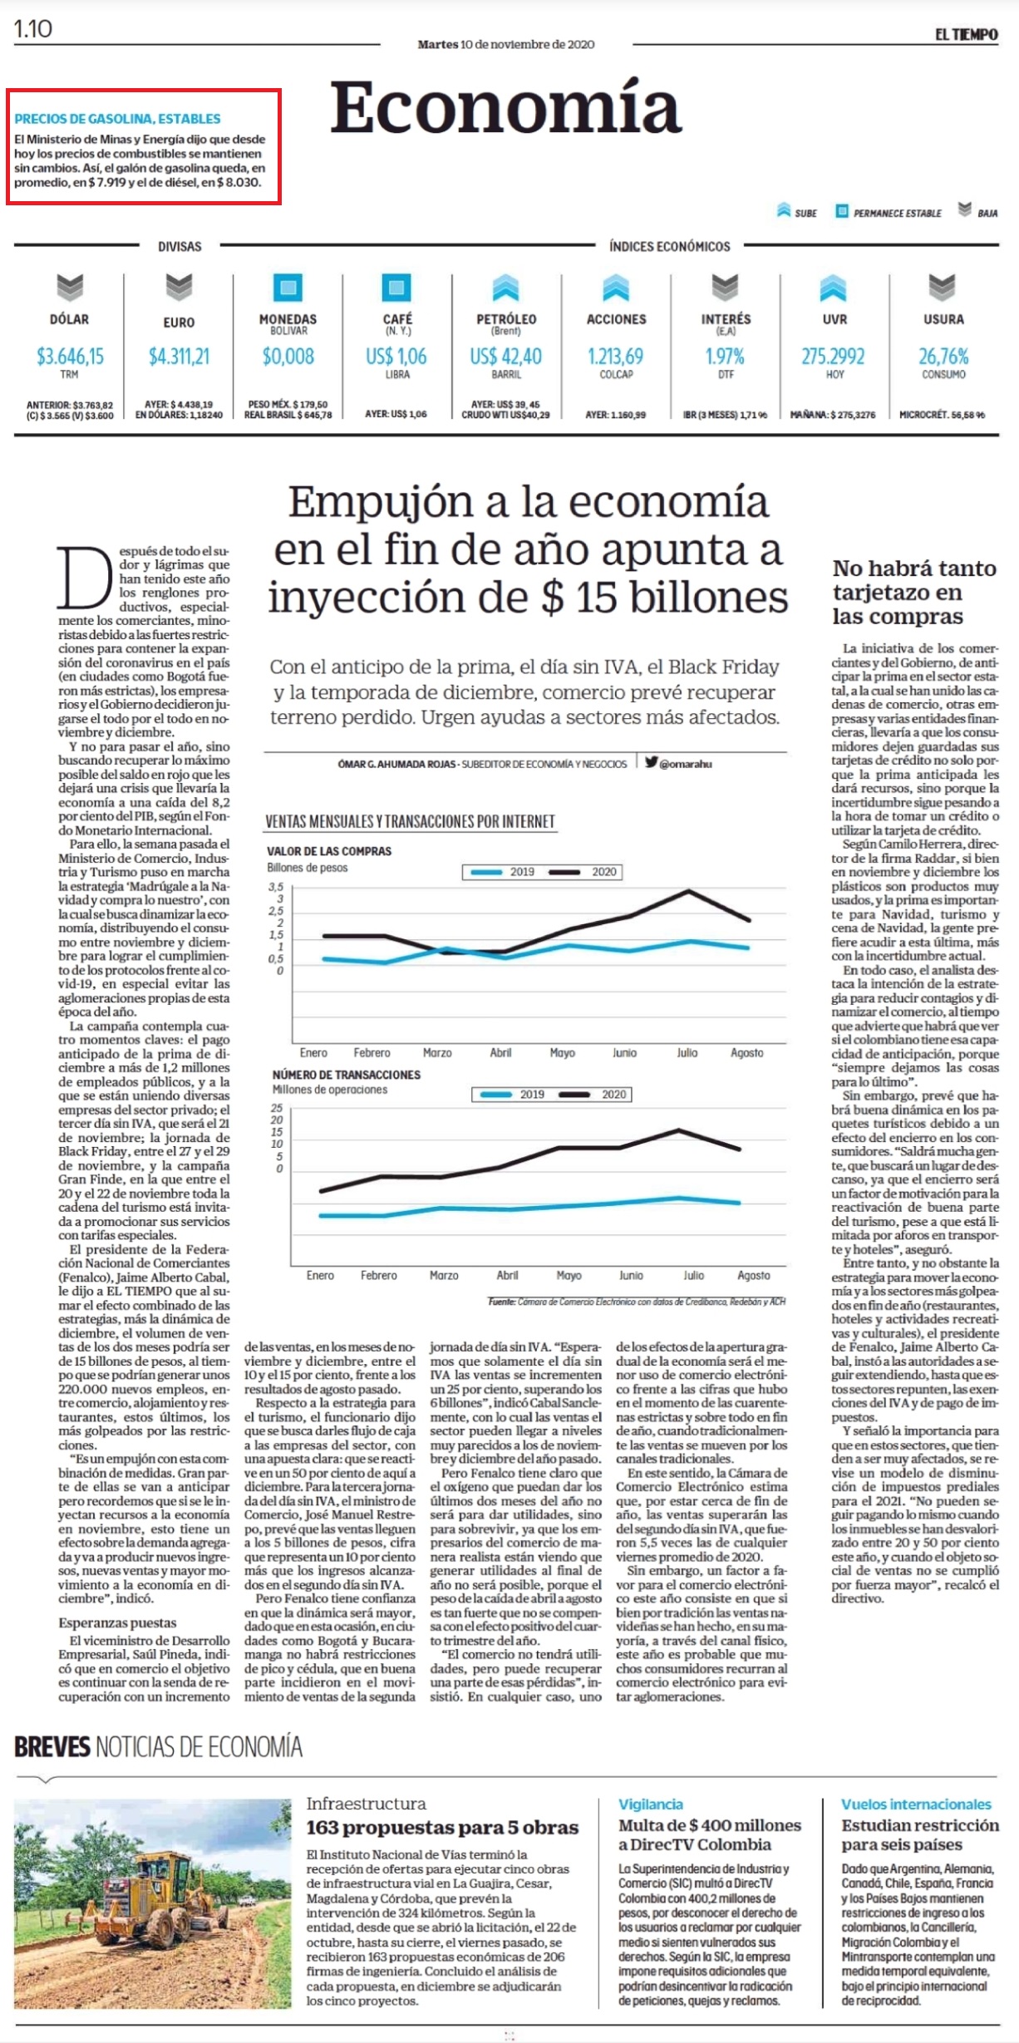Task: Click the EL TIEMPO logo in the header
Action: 966,34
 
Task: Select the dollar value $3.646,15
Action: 70,357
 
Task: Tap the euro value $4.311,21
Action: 179,357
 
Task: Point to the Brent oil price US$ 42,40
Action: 505,357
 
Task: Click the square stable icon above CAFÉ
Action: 396,288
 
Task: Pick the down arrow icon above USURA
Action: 942,288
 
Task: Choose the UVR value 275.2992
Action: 833,357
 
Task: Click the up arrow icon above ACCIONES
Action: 616,288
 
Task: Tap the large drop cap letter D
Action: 84,578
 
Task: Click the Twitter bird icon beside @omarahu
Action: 651,761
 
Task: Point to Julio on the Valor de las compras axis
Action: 687,1052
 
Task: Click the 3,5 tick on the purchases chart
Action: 276,887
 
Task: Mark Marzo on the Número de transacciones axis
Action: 444,1275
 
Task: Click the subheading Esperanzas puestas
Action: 117,1622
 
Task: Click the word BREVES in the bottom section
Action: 52,1746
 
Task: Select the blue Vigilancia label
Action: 651,1804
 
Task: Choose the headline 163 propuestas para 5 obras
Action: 442,1828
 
